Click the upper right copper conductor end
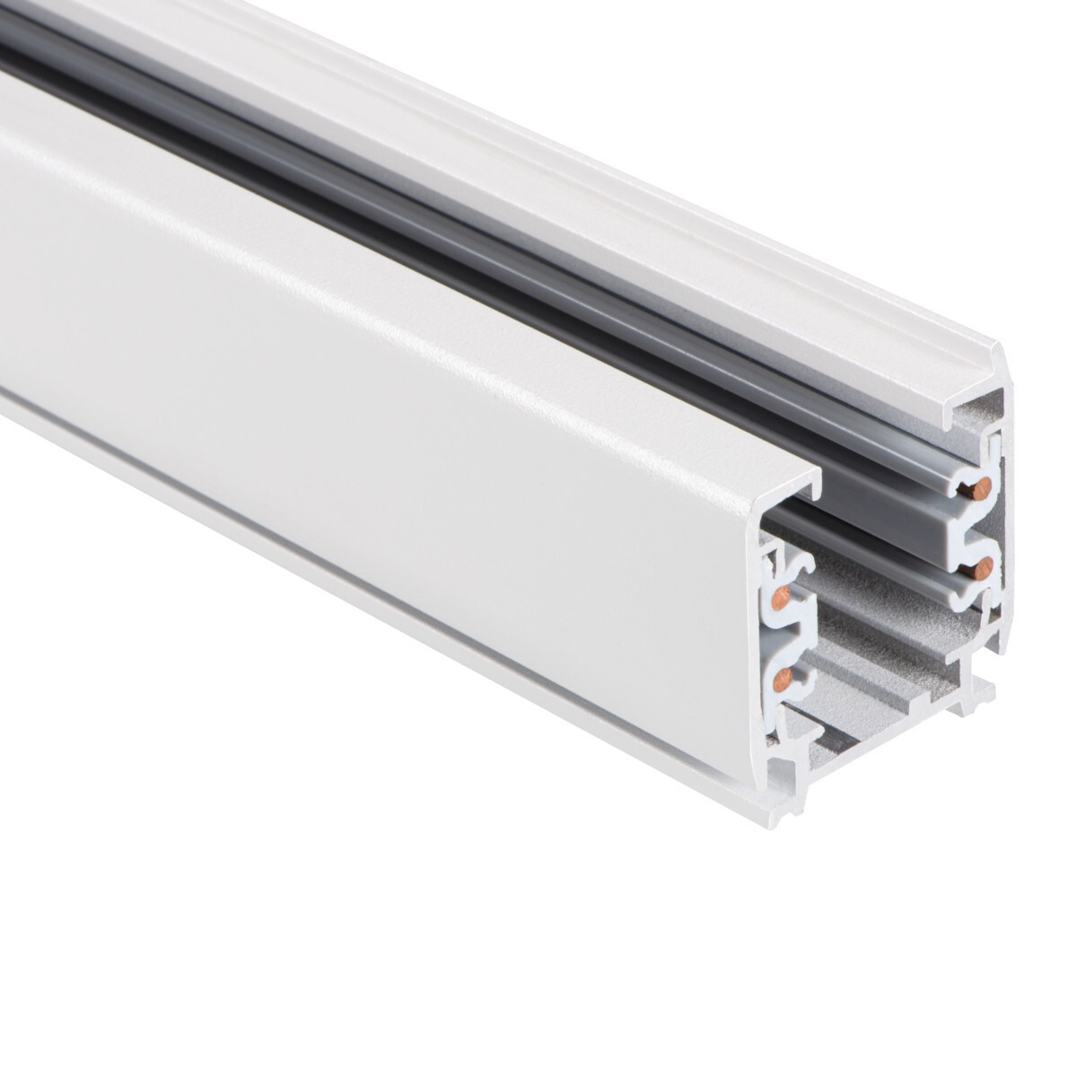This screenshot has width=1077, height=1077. tap(982, 488)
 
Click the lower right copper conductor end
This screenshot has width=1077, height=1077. tap(984, 568)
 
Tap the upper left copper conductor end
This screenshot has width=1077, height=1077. tap(781, 599)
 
